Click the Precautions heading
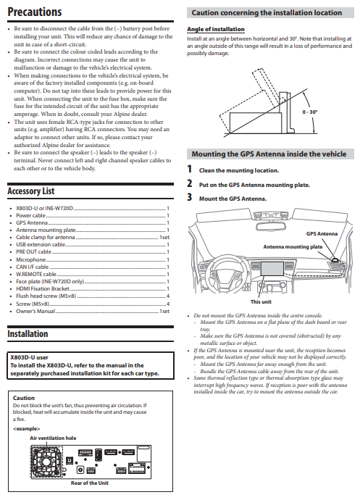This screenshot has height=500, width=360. point(34,12)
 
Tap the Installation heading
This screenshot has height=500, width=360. point(28,334)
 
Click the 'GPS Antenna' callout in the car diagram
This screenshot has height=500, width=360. point(322,234)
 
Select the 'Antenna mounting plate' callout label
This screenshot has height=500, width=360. point(293,246)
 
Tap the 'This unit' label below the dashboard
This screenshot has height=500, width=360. point(261,301)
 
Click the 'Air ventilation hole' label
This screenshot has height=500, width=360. point(53,438)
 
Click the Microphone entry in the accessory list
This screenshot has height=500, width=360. point(31,259)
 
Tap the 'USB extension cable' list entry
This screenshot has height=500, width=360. point(41,245)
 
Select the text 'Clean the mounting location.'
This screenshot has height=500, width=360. point(238,170)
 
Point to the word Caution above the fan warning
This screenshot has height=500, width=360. point(24,398)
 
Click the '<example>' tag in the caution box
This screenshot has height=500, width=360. point(26,428)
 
